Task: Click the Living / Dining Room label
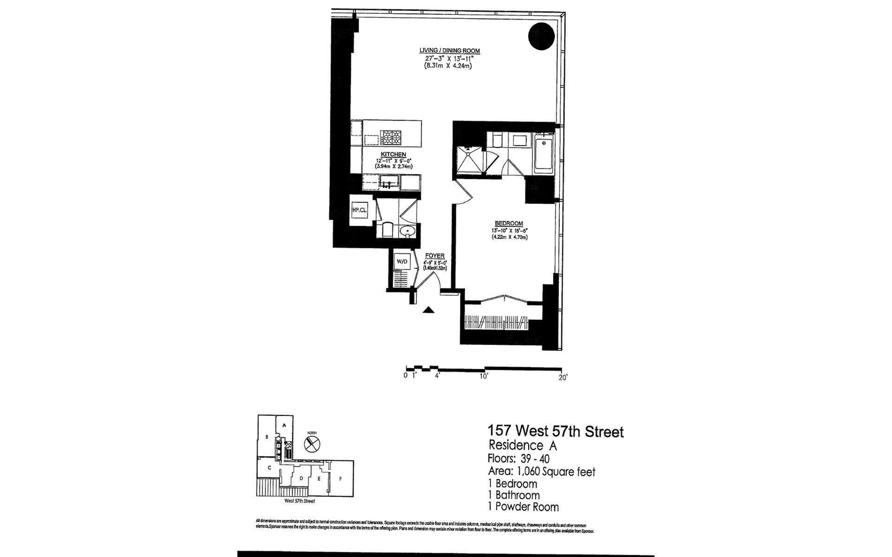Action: pos(449,51)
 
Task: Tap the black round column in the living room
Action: pos(541,35)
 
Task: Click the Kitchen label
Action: pos(394,155)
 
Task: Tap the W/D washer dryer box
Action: pos(401,262)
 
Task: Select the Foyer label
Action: pos(435,256)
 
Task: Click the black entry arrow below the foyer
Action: pos(428,310)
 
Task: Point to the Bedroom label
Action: pos(509,223)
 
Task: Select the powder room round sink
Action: pos(408,230)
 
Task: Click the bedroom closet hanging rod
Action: pos(496,321)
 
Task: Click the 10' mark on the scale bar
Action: pos(484,376)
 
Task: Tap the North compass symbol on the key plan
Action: pos(311,443)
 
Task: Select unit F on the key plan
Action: pos(341,479)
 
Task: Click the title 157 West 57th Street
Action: pos(555,432)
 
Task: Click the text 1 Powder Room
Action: pos(523,507)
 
